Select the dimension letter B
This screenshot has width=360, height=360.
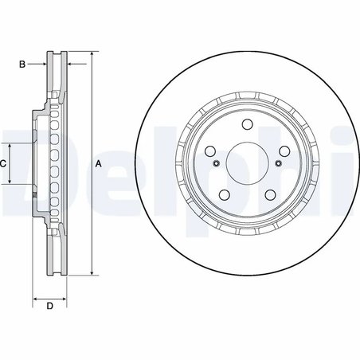[22, 64]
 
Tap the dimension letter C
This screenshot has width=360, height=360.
[4, 163]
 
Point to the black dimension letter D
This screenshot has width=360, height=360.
[49, 307]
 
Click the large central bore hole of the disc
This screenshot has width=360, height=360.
[246, 163]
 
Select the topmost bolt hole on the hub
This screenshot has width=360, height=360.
[246, 124]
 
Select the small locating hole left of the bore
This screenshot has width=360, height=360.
[215, 164]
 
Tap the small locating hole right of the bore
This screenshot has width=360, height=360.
[277, 164]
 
